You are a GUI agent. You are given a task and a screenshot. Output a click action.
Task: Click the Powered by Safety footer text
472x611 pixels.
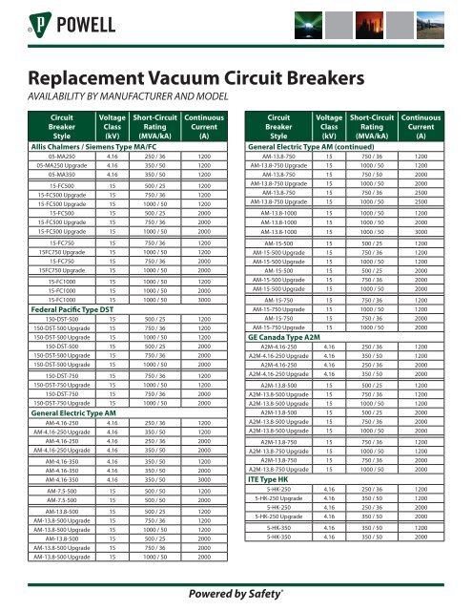(236, 593)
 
